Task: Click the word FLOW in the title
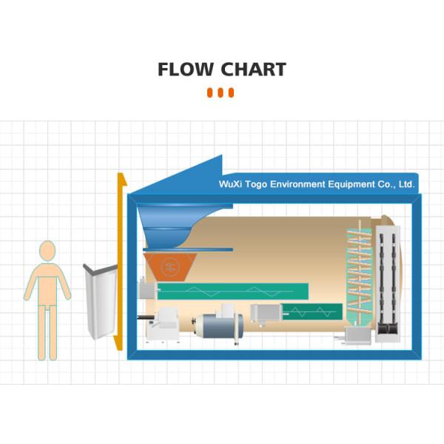[x=186, y=70]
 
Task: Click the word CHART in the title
[x=253, y=70]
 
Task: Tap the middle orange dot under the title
[x=221, y=92]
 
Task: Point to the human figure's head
[x=47, y=251]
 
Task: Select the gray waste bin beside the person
[x=101, y=301]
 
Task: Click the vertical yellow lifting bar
[x=121, y=261]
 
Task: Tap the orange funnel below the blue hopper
[x=170, y=267]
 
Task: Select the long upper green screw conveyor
[x=233, y=291]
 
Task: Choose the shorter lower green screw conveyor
[x=312, y=312]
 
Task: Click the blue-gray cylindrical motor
[x=218, y=326]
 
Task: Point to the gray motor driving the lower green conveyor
[x=266, y=313]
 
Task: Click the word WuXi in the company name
[x=230, y=184]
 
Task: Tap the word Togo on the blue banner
[x=256, y=184]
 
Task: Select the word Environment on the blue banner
[x=297, y=184]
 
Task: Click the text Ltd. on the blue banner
[x=406, y=184]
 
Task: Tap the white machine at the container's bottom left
[x=163, y=325]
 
